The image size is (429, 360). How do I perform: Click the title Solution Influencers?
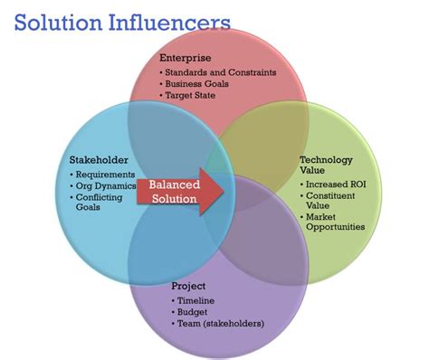121,21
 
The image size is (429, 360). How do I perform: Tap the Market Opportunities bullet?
336,222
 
